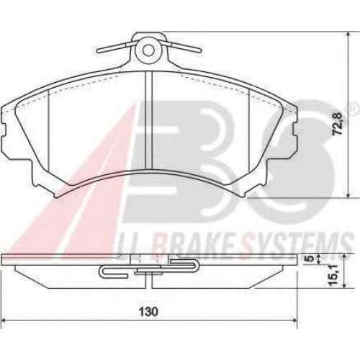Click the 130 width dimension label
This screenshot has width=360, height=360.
[x=148, y=312]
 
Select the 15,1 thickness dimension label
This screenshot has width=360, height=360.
[x=333, y=275]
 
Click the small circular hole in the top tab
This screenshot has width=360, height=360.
[x=148, y=50]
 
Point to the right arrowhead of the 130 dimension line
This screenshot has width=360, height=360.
[x=294, y=320]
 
